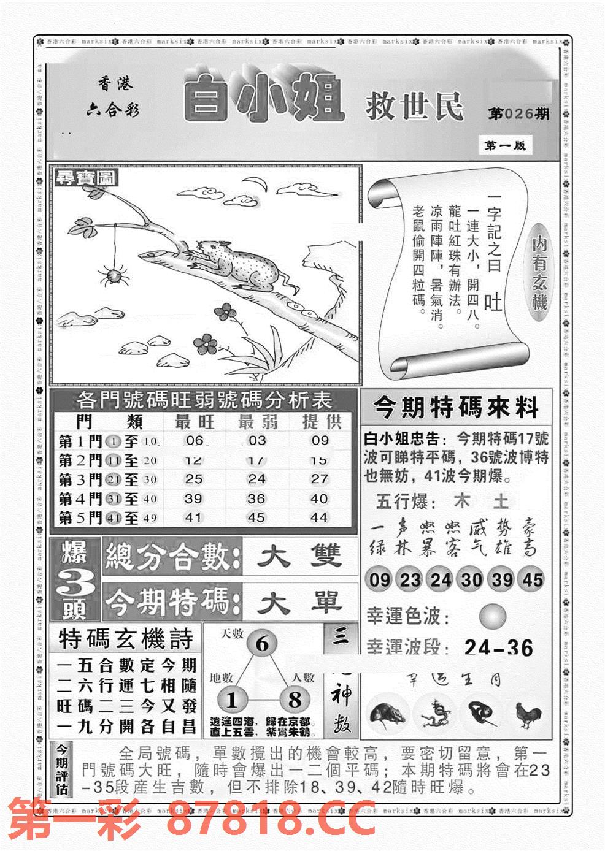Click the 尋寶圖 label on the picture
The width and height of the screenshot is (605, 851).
click(87, 179)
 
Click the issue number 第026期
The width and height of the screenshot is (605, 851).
click(518, 113)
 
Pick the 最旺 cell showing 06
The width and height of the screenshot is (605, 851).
click(194, 440)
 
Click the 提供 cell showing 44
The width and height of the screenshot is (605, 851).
click(318, 517)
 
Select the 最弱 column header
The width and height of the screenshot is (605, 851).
click(257, 421)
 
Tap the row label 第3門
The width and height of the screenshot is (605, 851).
click(80, 479)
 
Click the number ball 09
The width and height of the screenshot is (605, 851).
click(380, 579)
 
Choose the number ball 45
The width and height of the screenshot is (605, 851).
click(533, 579)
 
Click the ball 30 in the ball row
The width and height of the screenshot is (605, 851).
click(471, 579)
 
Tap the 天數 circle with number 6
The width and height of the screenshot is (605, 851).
click(262, 644)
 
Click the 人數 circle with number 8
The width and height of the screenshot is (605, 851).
click(295, 700)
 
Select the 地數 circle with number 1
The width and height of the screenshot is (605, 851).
click(231, 700)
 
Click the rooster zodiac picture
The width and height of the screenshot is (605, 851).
click(528, 714)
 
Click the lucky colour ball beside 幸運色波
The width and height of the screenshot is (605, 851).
click(493, 616)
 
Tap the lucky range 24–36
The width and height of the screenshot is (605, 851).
click(498, 647)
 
